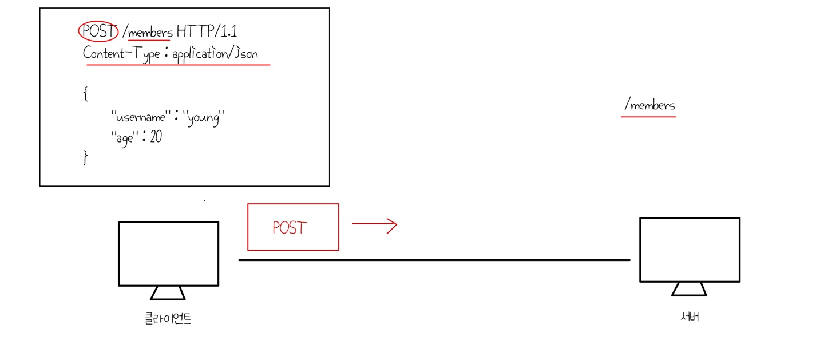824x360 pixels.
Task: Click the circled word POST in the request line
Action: [98, 33]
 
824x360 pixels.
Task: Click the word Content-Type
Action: [121, 54]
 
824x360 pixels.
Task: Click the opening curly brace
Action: [86, 94]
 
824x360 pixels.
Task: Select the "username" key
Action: [142, 118]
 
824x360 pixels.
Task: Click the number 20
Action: [156, 137]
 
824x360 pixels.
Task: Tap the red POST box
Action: [293, 227]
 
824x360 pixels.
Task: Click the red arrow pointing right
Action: [374, 225]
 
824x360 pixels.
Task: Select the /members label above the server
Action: [649, 105]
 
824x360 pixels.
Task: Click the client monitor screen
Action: [168, 253]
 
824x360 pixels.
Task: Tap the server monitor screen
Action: [690, 250]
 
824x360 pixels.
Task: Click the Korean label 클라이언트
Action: [168, 318]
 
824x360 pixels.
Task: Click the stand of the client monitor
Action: [168, 292]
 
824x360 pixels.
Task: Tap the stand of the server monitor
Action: [689, 289]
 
